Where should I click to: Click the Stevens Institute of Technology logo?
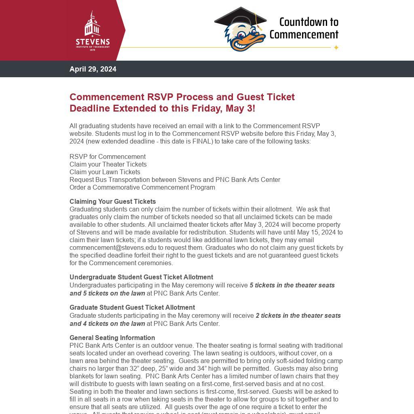click(x=93, y=31)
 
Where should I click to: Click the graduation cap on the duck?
click(x=240, y=19)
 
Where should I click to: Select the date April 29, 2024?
click(x=93, y=69)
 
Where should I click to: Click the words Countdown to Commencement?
click(x=304, y=28)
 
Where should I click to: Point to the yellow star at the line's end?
click(x=336, y=48)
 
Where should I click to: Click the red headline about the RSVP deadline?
click(x=182, y=103)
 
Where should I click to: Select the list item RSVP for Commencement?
click(x=108, y=156)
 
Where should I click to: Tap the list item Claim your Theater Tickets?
click(x=108, y=164)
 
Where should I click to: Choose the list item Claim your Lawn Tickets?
click(x=105, y=172)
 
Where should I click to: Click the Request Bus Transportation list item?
click(x=175, y=180)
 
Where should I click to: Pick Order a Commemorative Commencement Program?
click(x=142, y=187)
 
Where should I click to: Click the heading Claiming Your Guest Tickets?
click(x=112, y=201)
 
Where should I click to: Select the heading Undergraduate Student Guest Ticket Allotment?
click(x=141, y=277)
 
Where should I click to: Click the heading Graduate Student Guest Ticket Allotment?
click(x=132, y=307)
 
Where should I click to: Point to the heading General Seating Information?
click(x=112, y=338)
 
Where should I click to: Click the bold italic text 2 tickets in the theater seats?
click(x=298, y=315)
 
